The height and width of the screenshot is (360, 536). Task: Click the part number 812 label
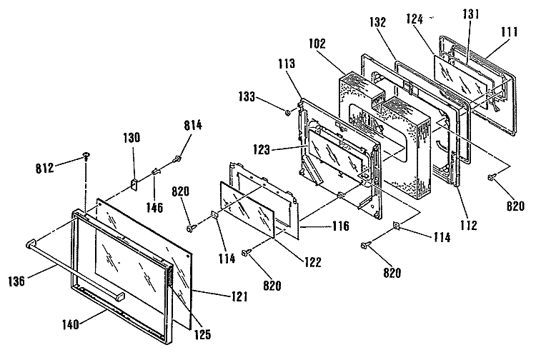tap(45, 168)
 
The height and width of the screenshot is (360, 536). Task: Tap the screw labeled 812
tap(86, 156)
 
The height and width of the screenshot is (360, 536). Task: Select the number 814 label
tap(193, 125)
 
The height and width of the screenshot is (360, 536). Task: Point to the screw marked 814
tap(177, 158)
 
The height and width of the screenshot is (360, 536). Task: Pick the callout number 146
tap(155, 207)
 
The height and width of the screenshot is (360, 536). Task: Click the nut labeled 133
tap(288, 111)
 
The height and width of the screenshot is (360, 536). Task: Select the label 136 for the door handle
tap(16, 281)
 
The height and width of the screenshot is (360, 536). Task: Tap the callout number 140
tap(71, 324)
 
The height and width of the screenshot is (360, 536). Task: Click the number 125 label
tap(202, 334)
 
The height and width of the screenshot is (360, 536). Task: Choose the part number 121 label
tap(239, 296)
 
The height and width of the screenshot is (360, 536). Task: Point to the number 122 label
tap(313, 262)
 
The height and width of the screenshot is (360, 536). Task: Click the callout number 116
tap(340, 226)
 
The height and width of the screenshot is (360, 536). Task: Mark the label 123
tap(262, 149)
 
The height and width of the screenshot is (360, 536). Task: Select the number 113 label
tap(286, 63)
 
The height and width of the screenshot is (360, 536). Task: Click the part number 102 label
tap(317, 44)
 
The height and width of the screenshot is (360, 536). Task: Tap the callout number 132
tap(378, 22)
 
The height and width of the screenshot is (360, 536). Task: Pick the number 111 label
tap(510, 31)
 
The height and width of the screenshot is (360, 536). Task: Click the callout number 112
tap(468, 225)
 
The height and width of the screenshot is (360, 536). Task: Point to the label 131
tap(471, 14)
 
